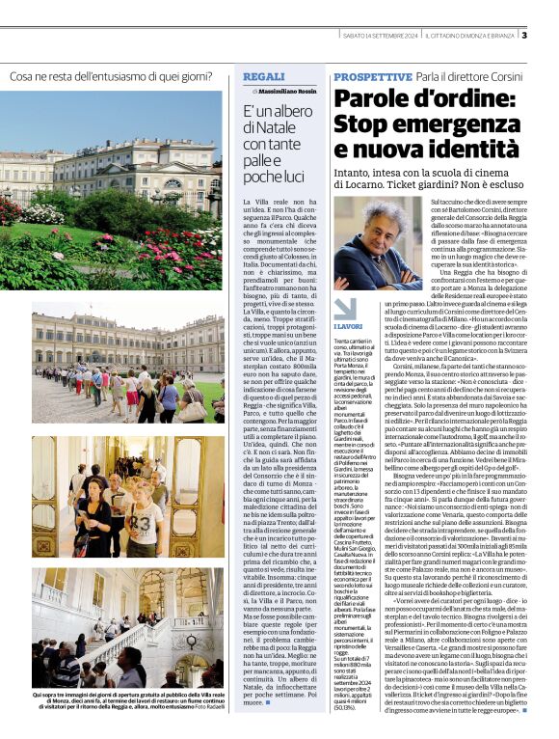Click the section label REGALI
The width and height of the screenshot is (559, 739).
[x=263, y=75]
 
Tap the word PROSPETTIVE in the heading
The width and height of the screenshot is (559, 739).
[x=372, y=76]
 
